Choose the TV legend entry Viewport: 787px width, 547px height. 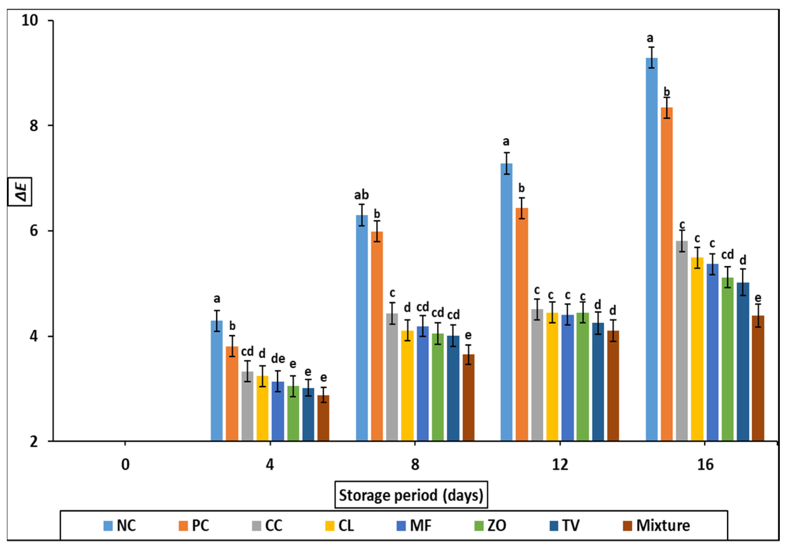point(564,525)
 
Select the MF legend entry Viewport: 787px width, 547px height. point(414,525)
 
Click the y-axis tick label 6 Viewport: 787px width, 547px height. point(34,231)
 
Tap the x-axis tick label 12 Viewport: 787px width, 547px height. point(560,465)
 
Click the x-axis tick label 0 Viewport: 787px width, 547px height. point(125,465)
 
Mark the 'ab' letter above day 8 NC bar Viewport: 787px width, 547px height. point(361,195)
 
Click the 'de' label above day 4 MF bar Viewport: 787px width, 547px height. point(278,358)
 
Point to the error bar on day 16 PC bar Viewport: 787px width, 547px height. point(667,108)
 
